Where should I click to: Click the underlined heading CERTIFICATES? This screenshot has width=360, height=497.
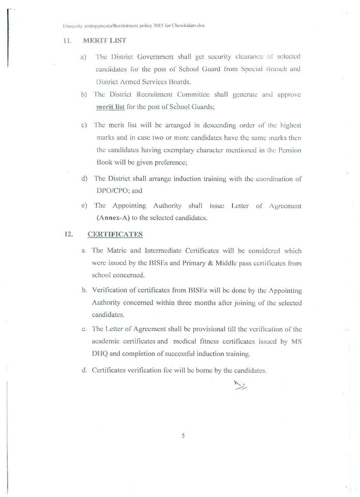pos(115,233)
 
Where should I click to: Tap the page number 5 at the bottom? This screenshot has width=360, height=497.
pos(183,435)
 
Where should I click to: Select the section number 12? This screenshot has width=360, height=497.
pos(68,233)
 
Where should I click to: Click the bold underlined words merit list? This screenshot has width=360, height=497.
pos(111,107)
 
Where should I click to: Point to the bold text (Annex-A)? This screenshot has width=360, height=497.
pos(113,217)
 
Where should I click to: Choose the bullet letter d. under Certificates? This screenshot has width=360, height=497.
pos(84,371)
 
